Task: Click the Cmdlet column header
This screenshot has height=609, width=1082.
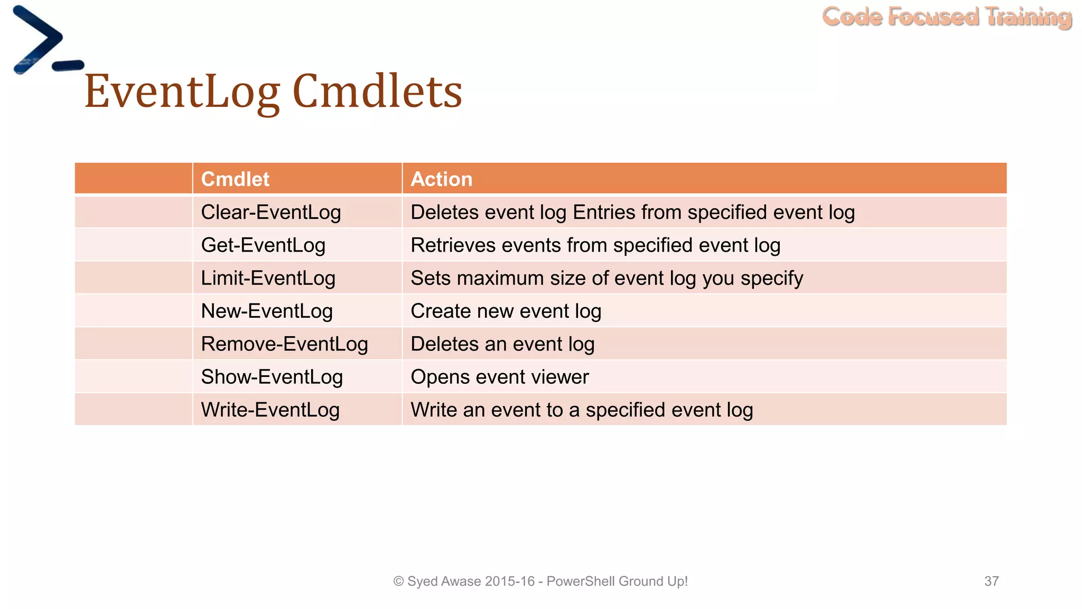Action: click(235, 179)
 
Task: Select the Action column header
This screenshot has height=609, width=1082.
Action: click(441, 179)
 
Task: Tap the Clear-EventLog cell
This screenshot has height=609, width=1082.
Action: click(270, 213)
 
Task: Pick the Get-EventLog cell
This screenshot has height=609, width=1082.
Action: click(263, 245)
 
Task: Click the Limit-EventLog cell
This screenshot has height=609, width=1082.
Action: click(268, 278)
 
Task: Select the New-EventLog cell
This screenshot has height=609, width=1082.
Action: click(267, 311)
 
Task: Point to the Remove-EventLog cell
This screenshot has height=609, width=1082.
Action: click(284, 344)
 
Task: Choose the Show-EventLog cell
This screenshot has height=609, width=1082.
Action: click(272, 377)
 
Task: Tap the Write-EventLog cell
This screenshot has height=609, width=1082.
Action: click(270, 410)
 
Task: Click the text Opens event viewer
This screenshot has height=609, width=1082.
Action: click(499, 377)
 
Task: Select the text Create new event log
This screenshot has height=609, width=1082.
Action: click(506, 311)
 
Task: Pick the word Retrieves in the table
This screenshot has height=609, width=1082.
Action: click(453, 245)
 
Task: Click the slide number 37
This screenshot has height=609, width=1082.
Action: click(991, 581)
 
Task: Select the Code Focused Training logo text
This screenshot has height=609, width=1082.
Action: click(946, 17)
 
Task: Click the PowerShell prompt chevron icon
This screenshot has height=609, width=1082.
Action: click(38, 40)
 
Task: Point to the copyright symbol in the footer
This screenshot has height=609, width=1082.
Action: click(398, 582)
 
